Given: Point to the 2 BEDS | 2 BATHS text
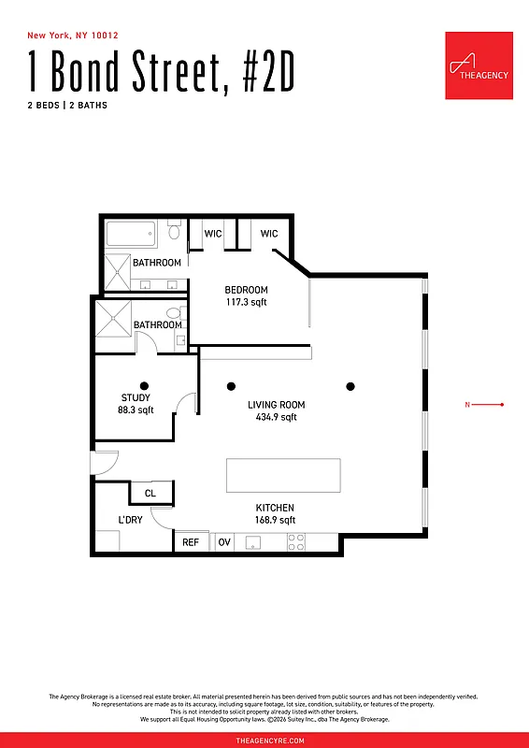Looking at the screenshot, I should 67,106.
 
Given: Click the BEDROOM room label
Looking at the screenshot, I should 247,290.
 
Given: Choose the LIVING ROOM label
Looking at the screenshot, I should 277,405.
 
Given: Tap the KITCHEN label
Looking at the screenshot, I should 276,508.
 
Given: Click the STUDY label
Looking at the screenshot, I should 136,398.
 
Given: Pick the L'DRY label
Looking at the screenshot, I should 130,520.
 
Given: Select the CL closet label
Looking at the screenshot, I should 150,493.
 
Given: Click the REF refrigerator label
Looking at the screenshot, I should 191,542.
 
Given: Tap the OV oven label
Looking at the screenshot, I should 224,542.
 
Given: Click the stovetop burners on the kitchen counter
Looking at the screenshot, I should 296,541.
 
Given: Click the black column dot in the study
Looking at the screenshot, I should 143,384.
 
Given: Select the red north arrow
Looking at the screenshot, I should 486,405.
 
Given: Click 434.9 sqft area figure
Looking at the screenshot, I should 277,418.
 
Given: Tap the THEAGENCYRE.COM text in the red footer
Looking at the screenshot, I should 264,739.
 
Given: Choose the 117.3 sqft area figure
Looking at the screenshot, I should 247,302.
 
